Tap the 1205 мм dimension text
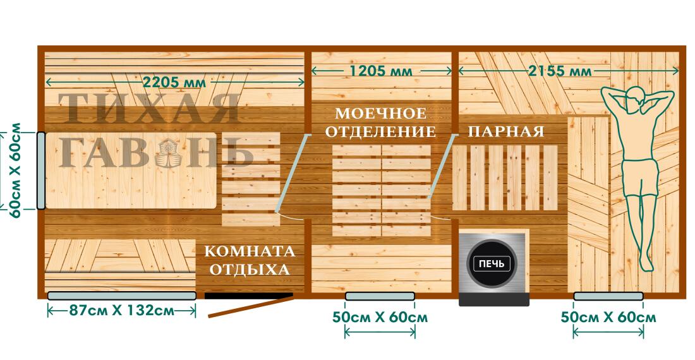tap(381, 71)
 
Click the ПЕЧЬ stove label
tap(492, 263)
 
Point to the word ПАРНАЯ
tap(505, 131)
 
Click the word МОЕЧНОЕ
tap(380, 114)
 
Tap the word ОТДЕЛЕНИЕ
tap(385, 132)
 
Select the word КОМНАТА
tap(250, 251)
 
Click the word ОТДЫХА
tap(250, 270)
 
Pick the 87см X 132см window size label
tap(122, 311)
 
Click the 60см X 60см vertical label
tap(13, 169)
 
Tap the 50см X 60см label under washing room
tap(380, 317)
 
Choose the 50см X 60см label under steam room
tap(608, 317)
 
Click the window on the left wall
tap(40, 171)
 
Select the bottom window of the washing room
tap(379, 296)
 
